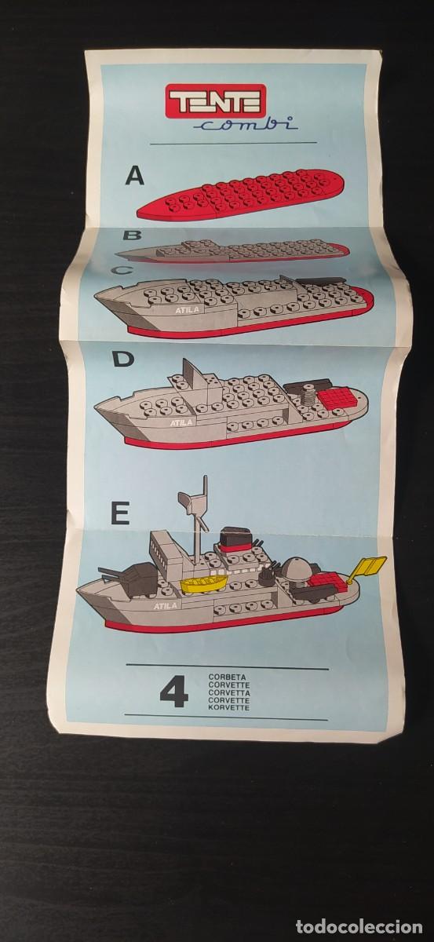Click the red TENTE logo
[x=217, y=100]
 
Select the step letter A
[x=135, y=176]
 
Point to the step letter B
[x=132, y=235]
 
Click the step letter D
[x=123, y=359]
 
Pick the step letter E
[x=121, y=513]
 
